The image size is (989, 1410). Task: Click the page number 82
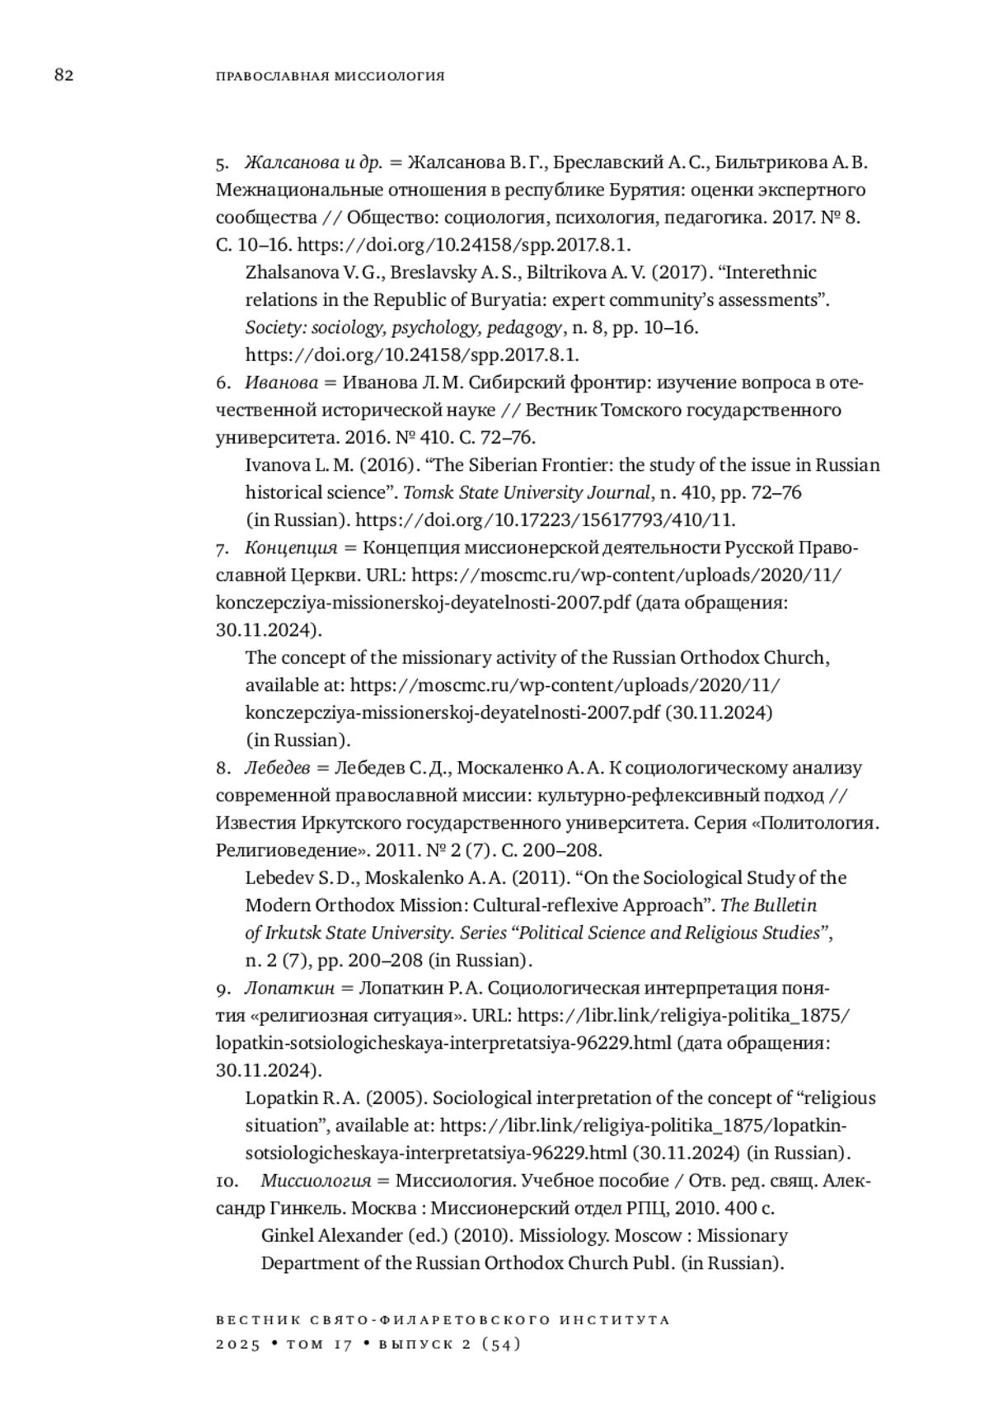tap(64, 76)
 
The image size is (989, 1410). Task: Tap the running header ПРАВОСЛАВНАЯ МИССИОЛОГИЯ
tap(330, 77)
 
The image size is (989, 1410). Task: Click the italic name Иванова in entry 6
tap(281, 383)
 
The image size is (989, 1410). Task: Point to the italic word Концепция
tap(291, 548)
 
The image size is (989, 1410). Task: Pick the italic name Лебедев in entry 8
tap(277, 768)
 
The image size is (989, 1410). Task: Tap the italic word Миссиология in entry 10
tap(314, 1181)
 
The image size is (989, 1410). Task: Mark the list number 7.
tap(223, 548)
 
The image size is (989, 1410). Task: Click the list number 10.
tap(227, 1181)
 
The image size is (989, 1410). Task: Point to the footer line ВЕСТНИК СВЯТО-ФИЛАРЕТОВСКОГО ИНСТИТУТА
tap(443, 1319)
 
